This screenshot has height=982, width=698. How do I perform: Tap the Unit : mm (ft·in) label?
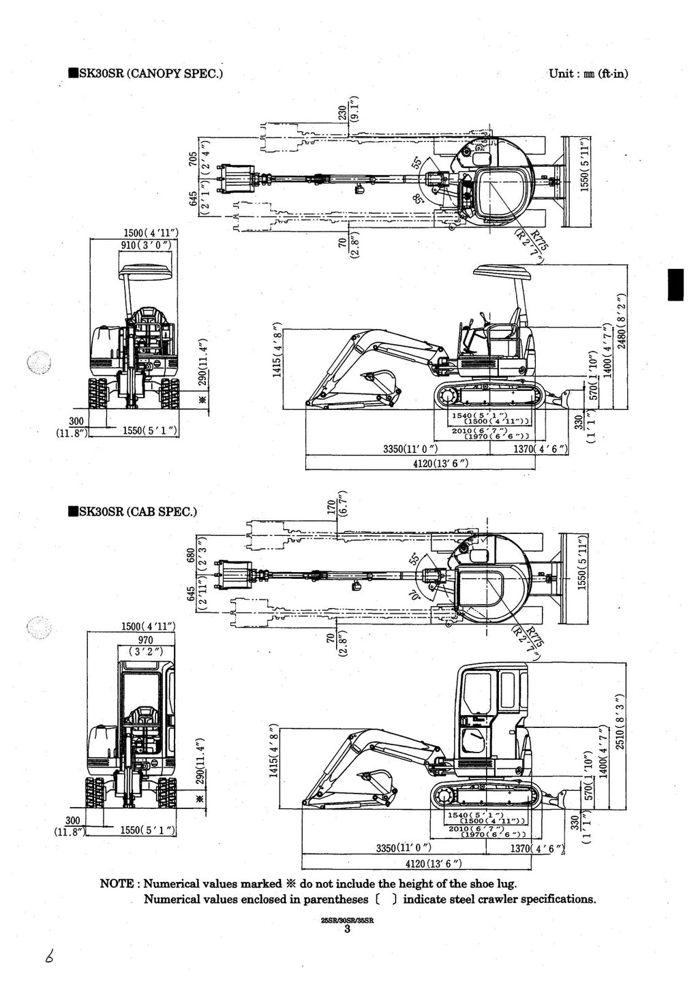click(588, 74)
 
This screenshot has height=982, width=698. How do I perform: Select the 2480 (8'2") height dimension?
click(621, 321)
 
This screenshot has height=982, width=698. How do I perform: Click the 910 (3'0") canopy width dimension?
click(148, 244)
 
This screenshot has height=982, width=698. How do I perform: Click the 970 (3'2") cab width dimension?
click(145, 645)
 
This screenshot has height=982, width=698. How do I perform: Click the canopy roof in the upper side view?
click(503, 272)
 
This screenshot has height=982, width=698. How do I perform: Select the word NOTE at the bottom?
click(117, 884)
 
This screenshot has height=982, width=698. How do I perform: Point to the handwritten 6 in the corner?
click(48, 957)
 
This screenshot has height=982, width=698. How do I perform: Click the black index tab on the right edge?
click(675, 285)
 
